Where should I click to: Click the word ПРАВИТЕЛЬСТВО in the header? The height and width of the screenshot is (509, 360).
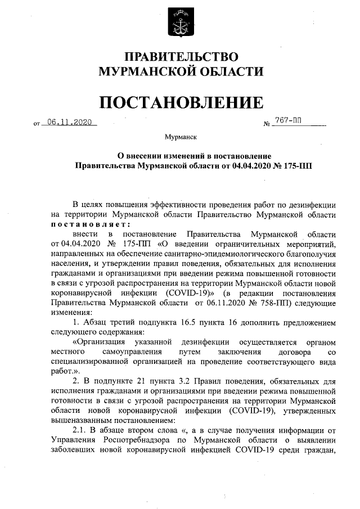(x=181, y=57)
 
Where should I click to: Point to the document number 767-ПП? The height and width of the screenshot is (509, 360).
(x=289, y=121)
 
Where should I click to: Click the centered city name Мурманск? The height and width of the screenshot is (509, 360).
(x=181, y=137)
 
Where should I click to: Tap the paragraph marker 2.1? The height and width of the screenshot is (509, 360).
(x=83, y=431)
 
